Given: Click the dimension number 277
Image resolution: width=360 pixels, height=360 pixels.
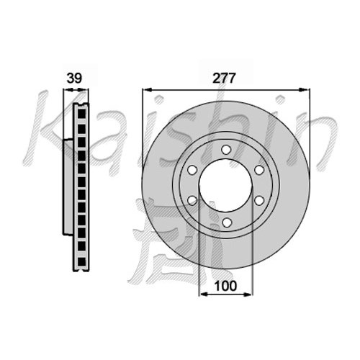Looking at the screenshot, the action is click(x=225, y=78).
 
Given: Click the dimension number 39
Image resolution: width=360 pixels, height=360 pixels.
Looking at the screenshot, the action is click(x=74, y=78).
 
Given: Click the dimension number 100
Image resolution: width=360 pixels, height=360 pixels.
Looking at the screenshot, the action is click(x=226, y=286).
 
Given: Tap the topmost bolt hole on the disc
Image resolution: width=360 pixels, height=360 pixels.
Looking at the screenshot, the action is click(x=226, y=150).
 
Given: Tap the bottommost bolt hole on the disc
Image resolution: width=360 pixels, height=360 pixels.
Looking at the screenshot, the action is click(x=226, y=222).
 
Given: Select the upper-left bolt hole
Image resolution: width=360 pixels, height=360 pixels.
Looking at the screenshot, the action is click(x=192, y=170).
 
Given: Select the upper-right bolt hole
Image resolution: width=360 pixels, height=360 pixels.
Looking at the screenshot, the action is click(x=259, y=170).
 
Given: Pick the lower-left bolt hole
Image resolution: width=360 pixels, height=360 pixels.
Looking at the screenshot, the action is click(x=192, y=200).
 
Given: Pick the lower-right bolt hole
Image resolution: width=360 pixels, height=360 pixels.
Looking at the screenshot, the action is click(x=259, y=200).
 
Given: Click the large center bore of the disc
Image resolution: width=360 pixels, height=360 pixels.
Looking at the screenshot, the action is click(x=225, y=186).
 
